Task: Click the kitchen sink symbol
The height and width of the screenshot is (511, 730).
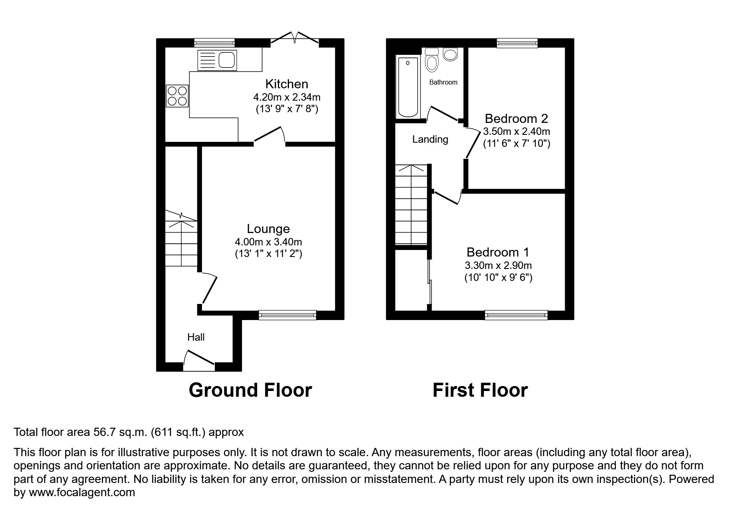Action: (x=217, y=60)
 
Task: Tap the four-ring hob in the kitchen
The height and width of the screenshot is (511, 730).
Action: (x=177, y=96)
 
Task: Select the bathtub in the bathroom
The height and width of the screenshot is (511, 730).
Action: (x=408, y=87)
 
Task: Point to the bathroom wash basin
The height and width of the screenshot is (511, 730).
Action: (x=450, y=54)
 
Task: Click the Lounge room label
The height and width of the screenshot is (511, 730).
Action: (x=268, y=229)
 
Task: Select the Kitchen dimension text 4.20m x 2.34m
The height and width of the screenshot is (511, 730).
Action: (x=286, y=98)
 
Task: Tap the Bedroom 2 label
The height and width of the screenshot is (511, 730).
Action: (x=516, y=119)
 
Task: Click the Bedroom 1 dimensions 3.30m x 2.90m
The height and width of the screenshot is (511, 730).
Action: (x=498, y=266)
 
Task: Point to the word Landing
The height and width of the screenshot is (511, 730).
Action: (x=430, y=139)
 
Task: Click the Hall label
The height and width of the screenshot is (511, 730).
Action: (x=196, y=337)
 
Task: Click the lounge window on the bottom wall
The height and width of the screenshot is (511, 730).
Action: (x=287, y=315)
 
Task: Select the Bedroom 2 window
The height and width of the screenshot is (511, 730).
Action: (x=517, y=42)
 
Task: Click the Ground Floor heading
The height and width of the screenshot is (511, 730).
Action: (x=250, y=390)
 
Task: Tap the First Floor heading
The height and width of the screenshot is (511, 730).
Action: (x=480, y=390)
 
